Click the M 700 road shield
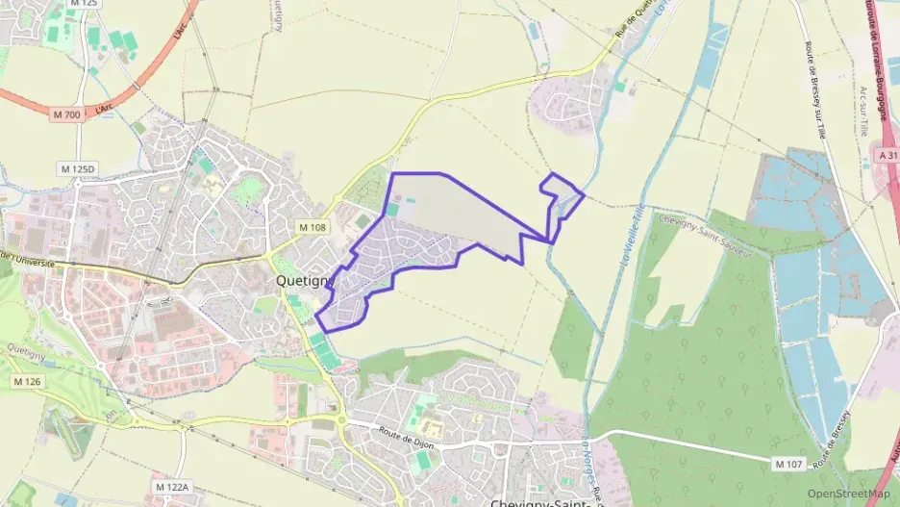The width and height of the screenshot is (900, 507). [67, 114]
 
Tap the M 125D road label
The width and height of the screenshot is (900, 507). [78, 169]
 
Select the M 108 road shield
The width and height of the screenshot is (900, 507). [312, 227]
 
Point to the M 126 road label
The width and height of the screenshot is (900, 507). [28, 382]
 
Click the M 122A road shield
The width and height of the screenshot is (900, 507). [172, 488]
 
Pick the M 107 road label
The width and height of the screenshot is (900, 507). [787, 464]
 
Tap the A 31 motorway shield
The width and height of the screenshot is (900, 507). [887, 154]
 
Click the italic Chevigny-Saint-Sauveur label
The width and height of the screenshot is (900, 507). [712, 233]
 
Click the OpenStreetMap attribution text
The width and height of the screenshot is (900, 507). [849, 494]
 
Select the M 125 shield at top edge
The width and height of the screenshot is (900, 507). [85, 4]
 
